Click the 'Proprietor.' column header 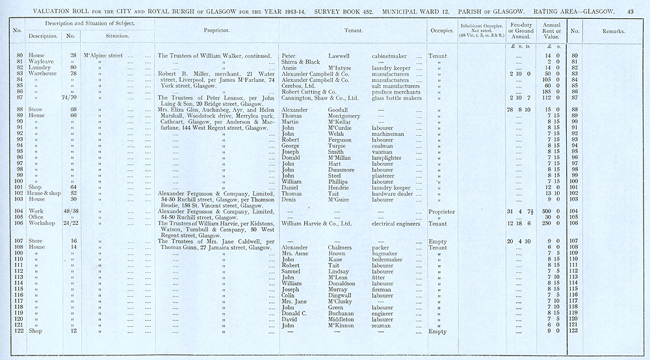point(217,31)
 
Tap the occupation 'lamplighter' point(388,157)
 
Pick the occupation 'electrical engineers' point(397,224)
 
